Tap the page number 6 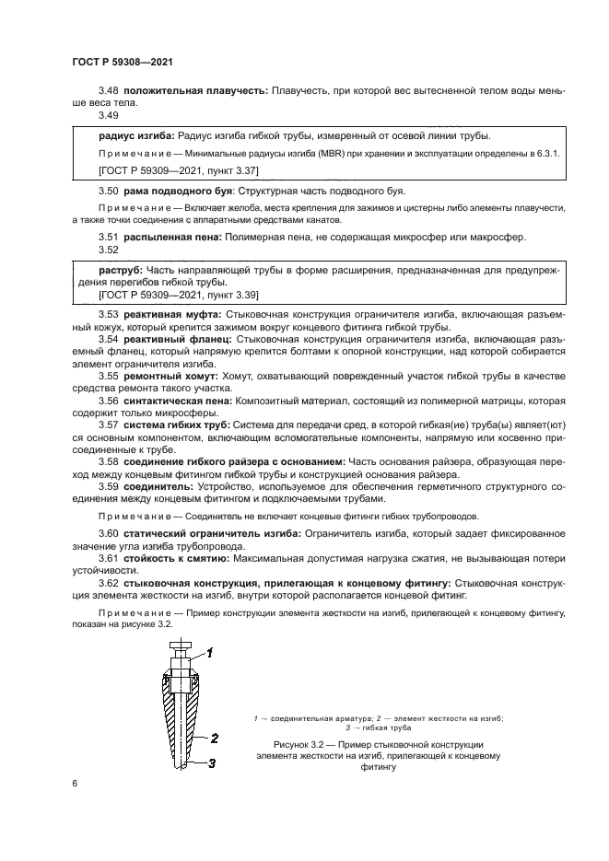[x=75, y=783]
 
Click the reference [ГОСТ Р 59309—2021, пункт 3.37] [x=178, y=170]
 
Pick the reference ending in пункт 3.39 [x=178, y=294]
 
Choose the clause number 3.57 [x=110, y=425]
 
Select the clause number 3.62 [x=110, y=583]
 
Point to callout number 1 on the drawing [x=209, y=653]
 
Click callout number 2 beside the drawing [x=214, y=738]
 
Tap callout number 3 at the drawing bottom [x=211, y=763]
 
